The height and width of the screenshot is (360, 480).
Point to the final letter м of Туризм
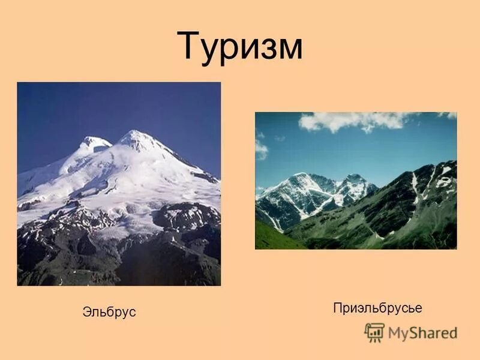point(286,50)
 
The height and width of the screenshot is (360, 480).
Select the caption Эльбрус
point(109,312)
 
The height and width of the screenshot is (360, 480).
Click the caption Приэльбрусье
point(377,308)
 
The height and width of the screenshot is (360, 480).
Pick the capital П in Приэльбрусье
point(337,308)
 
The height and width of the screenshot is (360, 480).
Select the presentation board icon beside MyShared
point(374,332)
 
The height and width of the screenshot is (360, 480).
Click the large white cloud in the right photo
point(354,121)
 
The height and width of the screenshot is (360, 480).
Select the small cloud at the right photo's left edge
point(260,148)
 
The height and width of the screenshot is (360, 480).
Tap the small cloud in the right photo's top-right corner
point(447,115)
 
